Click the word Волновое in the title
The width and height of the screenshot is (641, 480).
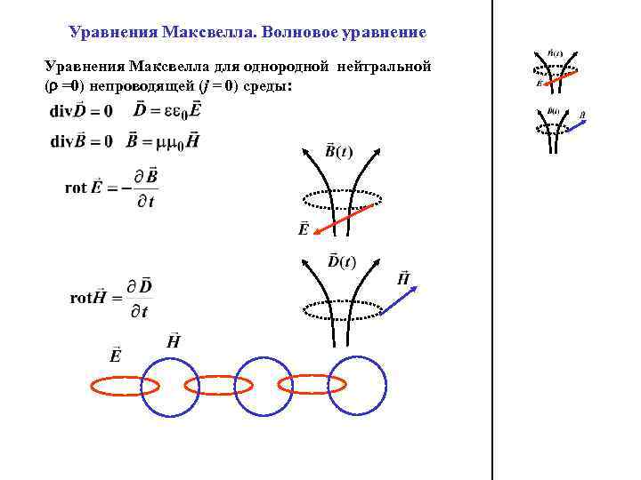click(296, 33)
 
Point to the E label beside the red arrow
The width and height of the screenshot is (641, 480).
click(304, 229)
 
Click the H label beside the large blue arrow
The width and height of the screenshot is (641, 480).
click(403, 278)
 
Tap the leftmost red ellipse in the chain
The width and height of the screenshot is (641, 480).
click(126, 385)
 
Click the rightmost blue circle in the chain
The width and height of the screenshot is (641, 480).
click(358, 386)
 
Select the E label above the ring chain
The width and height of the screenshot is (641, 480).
click(116, 355)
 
